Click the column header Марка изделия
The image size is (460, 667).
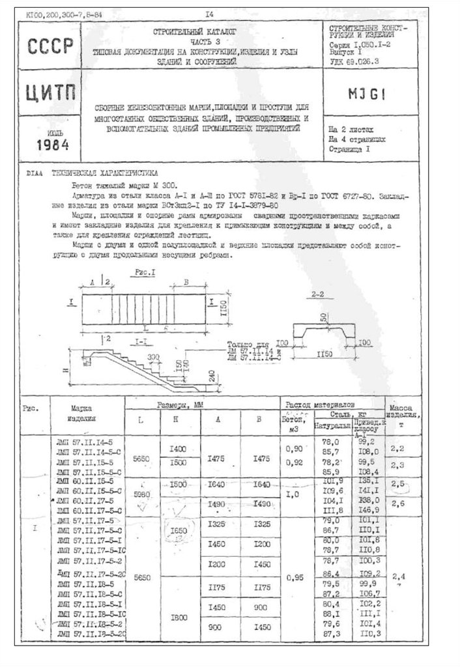coord(85,413)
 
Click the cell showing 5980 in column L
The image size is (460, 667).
coord(141,494)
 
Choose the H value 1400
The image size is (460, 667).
coord(177,448)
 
